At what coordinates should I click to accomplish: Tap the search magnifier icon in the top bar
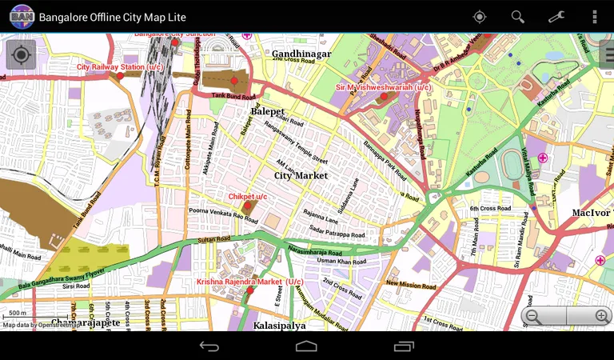point(518,17)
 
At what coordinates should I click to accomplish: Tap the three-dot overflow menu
point(594,17)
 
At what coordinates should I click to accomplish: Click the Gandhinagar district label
point(301,54)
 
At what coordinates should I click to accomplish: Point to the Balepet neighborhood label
point(268,111)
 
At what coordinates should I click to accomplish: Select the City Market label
point(301,175)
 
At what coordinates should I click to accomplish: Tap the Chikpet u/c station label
point(248,196)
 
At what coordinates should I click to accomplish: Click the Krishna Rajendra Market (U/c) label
point(250,282)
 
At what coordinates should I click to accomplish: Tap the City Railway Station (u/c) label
point(120,67)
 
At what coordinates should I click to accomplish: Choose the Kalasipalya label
point(280,326)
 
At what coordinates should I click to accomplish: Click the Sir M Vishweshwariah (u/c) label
point(384,87)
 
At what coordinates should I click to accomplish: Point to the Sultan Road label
point(214,239)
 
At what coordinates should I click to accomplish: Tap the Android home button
point(306,346)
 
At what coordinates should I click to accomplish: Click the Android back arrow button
point(209,346)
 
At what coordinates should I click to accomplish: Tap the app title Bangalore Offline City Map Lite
point(113,17)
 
